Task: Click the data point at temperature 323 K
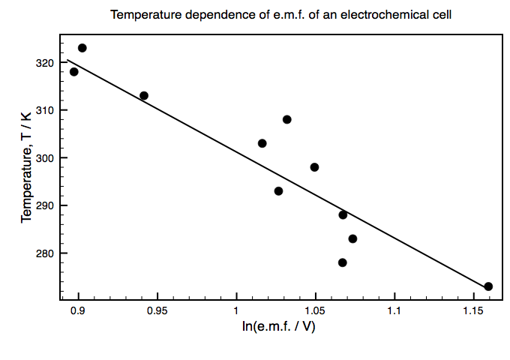(82, 48)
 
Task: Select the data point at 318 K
(73, 72)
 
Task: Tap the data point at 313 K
(144, 95)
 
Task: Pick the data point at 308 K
(286, 119)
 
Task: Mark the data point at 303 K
(262, 143)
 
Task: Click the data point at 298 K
(314, 167)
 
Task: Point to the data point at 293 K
(278, 190)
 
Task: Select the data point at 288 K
(343, 214)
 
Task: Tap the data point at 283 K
(352, 238)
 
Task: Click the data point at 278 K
(342, 262)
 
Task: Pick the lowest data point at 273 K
(488, 286)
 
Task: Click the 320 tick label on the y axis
(45, 63)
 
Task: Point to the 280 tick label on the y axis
(45, 253)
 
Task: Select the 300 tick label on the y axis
(45, 158)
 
